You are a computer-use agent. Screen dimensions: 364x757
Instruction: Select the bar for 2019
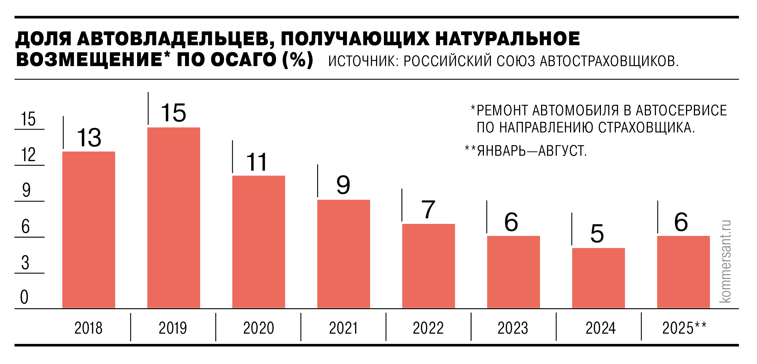click(174, 218)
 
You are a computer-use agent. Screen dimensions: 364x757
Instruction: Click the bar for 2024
click(598, 278)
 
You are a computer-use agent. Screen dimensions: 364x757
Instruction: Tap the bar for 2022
click(428, 266)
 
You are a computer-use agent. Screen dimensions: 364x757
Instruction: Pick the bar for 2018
click(89, 230)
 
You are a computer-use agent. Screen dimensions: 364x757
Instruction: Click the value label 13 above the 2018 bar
click(89, 138)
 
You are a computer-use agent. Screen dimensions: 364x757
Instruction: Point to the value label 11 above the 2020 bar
click(257, 162)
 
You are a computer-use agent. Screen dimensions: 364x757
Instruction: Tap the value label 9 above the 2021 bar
click(343, 185)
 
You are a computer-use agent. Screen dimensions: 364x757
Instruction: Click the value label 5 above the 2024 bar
click(597, 233)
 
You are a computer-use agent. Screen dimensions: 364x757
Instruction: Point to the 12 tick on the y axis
click(28, 155)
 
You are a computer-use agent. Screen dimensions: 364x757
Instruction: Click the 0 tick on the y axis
click(24, 297)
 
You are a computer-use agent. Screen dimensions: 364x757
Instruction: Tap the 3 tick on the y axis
click(25, 262)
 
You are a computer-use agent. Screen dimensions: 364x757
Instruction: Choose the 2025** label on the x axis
click(684, 328)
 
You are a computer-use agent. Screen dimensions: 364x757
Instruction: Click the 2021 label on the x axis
click(343, 328)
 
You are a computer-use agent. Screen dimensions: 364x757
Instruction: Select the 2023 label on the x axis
click(513, 328)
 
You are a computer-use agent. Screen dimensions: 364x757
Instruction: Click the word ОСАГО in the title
click(243, 60)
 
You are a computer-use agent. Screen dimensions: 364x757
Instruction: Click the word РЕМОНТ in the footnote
click(503, 110)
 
